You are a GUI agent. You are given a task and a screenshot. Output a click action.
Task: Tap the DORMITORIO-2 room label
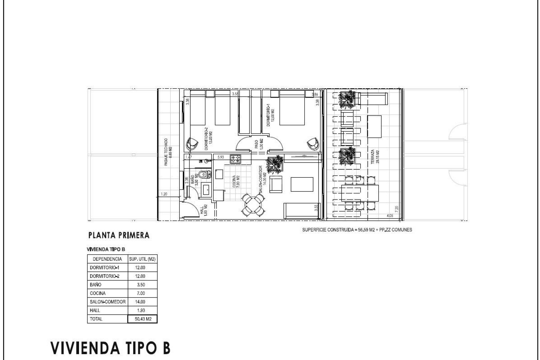point(208,140)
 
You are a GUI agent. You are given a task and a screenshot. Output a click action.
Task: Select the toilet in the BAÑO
point(204,175)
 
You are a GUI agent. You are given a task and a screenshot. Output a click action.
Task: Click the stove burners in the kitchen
point(236,159)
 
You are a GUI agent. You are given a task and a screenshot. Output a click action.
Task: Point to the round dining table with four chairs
point(253,204)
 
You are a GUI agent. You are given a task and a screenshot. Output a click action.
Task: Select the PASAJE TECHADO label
point(168,152)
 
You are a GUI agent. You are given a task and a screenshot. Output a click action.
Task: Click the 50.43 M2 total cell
point(143,319)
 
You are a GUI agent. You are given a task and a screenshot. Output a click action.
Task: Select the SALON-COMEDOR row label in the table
point(107,302)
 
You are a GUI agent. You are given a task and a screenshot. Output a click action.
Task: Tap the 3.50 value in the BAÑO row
point(141,285)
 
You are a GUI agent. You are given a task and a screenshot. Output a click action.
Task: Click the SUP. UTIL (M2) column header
point(142,259)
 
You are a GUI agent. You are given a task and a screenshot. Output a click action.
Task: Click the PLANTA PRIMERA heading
point(119,235)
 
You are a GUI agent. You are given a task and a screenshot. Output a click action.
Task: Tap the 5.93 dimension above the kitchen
point(220,157)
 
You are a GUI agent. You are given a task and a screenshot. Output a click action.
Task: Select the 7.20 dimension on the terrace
point(397,209)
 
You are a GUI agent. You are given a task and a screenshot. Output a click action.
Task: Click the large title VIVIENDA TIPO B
point(111,348)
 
